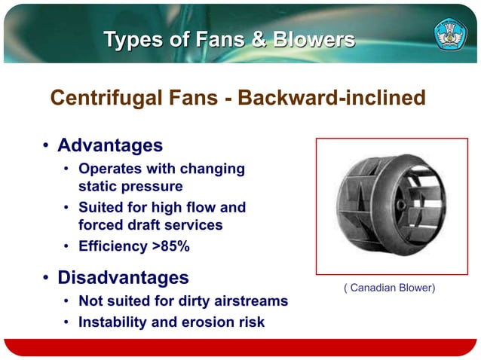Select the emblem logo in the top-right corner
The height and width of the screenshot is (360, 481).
[450, 34]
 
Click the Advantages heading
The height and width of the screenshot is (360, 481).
[110, 144]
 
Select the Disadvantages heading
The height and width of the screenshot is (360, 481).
[123, 277]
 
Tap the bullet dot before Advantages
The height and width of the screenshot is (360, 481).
[46, 145]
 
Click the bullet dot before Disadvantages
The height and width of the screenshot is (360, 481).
[46, 279]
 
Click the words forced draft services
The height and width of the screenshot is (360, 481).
[151, 224]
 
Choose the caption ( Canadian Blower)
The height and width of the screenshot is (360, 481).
[389, 288]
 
